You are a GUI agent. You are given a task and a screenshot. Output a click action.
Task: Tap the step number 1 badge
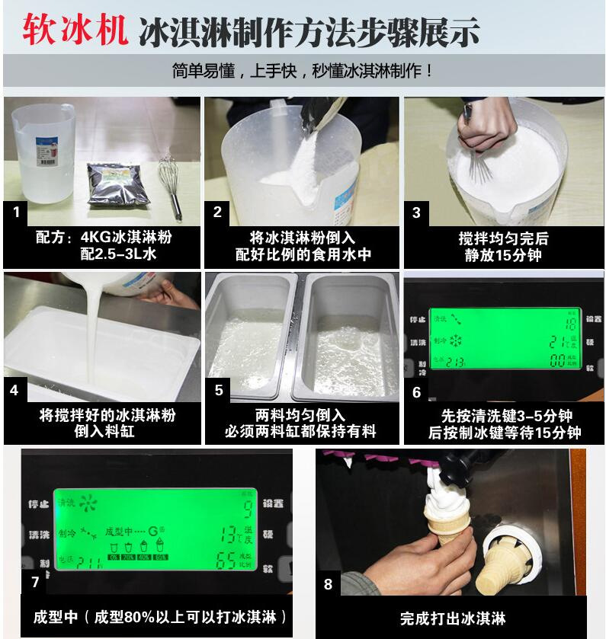(17, 212)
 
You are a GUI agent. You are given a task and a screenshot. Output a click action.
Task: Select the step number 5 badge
(219, 390)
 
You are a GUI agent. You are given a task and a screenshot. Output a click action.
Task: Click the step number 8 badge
(329, 584)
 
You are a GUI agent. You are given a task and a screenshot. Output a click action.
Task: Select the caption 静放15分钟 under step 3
(503, 256)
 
